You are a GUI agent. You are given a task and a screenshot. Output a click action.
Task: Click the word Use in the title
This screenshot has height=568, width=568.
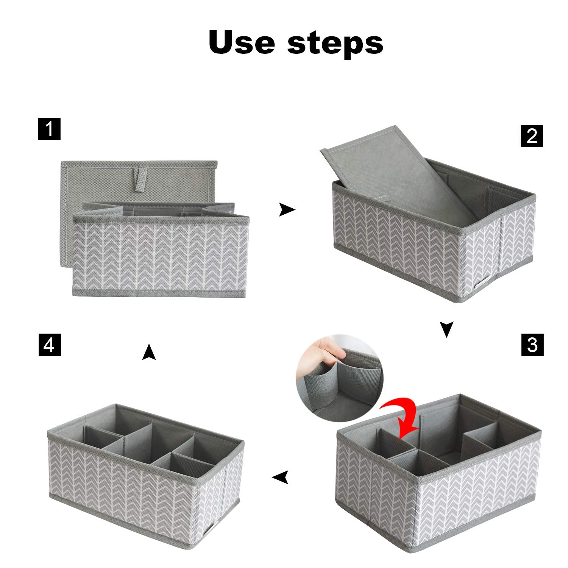242,42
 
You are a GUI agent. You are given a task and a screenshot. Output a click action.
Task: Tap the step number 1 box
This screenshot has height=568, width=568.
49,129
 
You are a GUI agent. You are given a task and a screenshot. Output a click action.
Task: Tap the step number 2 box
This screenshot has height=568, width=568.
532,136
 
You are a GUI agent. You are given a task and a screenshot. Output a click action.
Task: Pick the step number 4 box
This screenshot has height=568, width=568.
50,345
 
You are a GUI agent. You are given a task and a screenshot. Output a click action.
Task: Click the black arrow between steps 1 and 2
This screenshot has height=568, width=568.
287,209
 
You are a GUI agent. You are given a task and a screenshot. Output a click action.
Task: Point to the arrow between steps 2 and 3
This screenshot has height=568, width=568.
447,329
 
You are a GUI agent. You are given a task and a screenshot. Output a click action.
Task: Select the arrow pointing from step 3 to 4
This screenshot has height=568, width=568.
281,477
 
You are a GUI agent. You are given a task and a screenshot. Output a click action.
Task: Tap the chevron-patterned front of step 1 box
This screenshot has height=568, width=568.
161,257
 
